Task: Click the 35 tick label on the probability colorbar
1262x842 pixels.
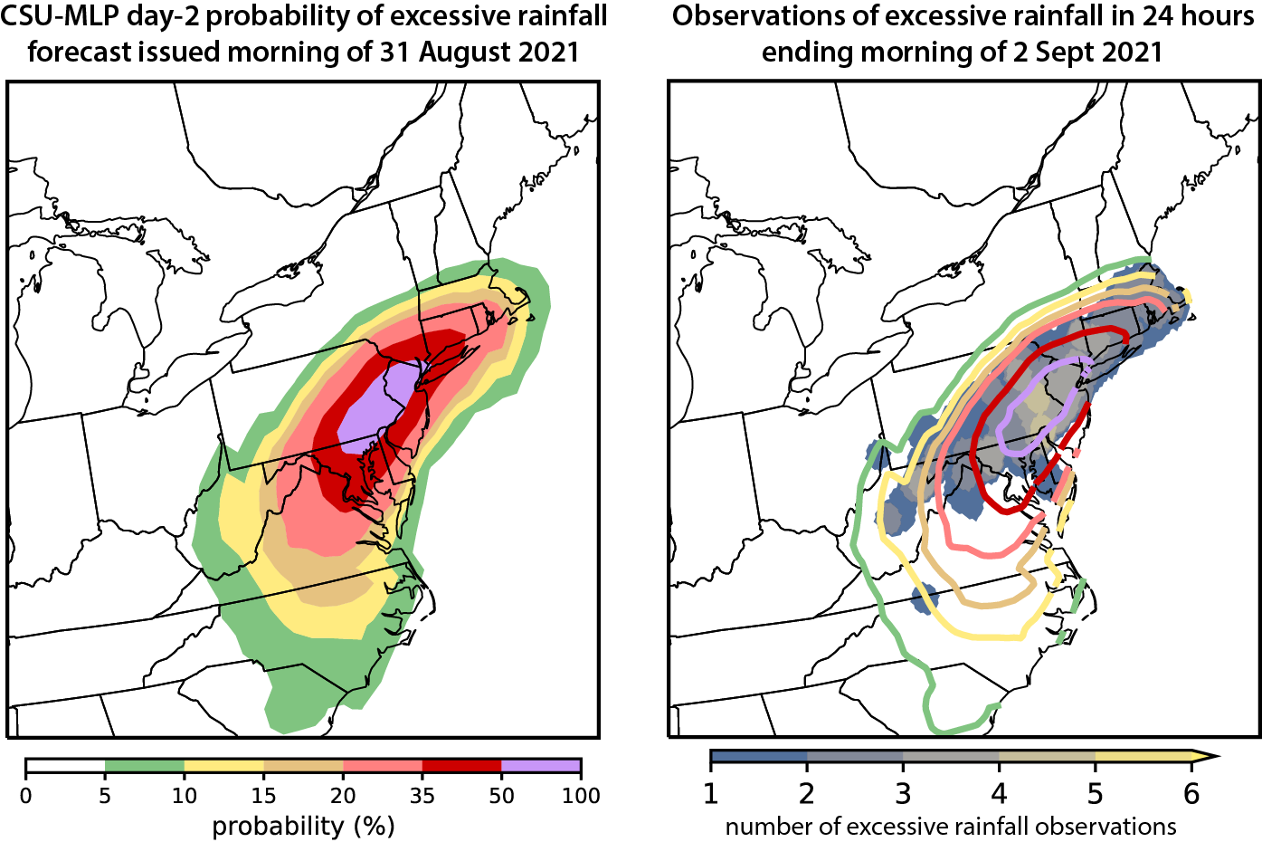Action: tap(422, 796)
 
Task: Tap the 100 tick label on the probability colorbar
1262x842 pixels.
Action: tap(581, 796)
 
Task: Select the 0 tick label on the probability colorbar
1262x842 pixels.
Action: tap(25, 796)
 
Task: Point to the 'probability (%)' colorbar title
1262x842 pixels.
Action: tap(303, 826)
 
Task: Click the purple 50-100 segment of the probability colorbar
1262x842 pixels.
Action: tap(541, 766)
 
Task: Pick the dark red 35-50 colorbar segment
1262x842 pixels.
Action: tap(461, 766)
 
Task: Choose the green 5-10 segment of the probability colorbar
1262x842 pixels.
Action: tap(145, 766)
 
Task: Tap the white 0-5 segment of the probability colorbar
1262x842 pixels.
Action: tap(65, 766)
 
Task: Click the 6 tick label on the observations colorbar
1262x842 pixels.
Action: tap(1191, 794)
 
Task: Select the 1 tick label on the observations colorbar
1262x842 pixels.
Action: tap(711, 794)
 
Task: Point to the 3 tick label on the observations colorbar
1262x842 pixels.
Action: tap(903, 794)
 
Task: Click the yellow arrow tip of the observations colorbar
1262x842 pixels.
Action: tap(1208, 755)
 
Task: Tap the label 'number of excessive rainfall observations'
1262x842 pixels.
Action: tap(951, 826)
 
